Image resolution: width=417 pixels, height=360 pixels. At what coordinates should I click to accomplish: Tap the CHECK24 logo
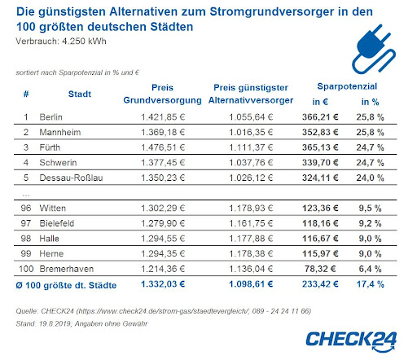(351, 341)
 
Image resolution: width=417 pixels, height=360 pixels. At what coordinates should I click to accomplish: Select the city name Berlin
(50, 117)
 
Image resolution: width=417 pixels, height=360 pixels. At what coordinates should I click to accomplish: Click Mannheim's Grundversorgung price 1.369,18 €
(163, 132)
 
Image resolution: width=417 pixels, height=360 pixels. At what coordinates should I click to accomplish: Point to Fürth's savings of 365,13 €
(320, 147)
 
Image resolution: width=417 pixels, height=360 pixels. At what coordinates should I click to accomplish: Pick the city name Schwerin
(58, 163)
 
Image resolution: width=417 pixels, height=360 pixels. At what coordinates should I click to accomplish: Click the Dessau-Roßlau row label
(71, 178)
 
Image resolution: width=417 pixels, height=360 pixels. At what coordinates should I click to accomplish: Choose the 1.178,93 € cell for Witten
(251, 209)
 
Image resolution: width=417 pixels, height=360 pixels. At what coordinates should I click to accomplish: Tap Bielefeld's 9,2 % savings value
(370, 223)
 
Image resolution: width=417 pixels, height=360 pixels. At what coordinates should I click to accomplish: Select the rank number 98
(26, 239)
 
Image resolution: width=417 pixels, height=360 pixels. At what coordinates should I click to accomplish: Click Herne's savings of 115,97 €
(320, 254)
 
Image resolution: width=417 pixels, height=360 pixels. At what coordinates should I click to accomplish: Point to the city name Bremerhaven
(67, 269)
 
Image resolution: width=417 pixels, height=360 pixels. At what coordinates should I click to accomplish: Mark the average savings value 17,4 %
(370, 284)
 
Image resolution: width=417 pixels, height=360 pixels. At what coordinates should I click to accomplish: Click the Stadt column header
(80, 94)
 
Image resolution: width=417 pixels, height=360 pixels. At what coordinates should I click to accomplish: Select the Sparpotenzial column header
(347, 86)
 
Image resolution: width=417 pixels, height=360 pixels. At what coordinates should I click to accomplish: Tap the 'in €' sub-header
(320, 102)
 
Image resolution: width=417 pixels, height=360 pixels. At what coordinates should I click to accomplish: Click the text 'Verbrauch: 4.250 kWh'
(61, 42)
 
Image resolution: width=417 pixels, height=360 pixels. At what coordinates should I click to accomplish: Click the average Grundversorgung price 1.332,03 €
(163, 284)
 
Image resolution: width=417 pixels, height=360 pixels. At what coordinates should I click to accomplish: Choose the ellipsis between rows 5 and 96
(26, 195)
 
